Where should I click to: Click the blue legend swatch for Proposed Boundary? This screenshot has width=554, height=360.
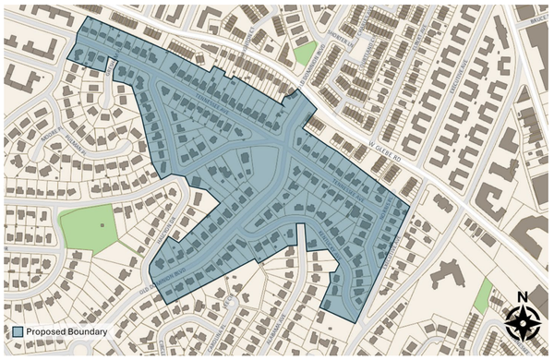[18, 331]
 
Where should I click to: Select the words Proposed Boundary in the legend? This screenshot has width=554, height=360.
[66, 331]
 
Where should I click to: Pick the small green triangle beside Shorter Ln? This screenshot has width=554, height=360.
[304, 54]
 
